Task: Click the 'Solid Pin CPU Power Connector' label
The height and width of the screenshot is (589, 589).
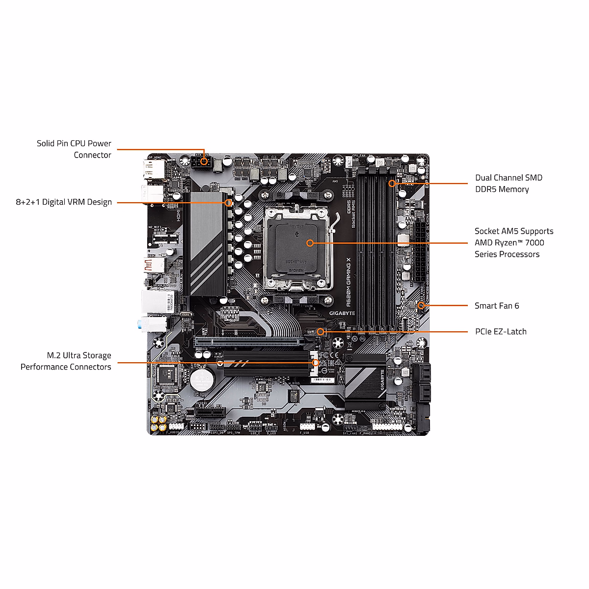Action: pyautogui.click(x=74, y=149)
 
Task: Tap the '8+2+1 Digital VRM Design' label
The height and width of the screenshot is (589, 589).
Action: pyautogui.click(x=64, y=202)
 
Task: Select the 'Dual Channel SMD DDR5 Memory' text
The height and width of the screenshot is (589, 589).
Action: pyautogui.click(x=509, y=184)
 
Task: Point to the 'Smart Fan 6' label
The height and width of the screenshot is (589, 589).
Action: pyautogui.click(x=496, y=306)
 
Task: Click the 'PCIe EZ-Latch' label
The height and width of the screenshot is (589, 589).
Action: pyautogui.click(x=500, y=332)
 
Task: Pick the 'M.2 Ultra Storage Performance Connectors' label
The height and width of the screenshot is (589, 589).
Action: pyautogui.click(x=66, y=361)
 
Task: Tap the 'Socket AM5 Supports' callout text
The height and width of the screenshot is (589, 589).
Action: pyautogui.click(x=513, y=231)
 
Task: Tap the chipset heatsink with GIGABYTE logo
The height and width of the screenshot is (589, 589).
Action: pyautogui.click(x=366, y=381)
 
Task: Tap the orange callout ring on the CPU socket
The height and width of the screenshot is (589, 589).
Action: pyautogui.click(x=310, y=242)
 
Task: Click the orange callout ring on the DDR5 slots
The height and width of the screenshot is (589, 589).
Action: pyautogui.click(x=392, y=184)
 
